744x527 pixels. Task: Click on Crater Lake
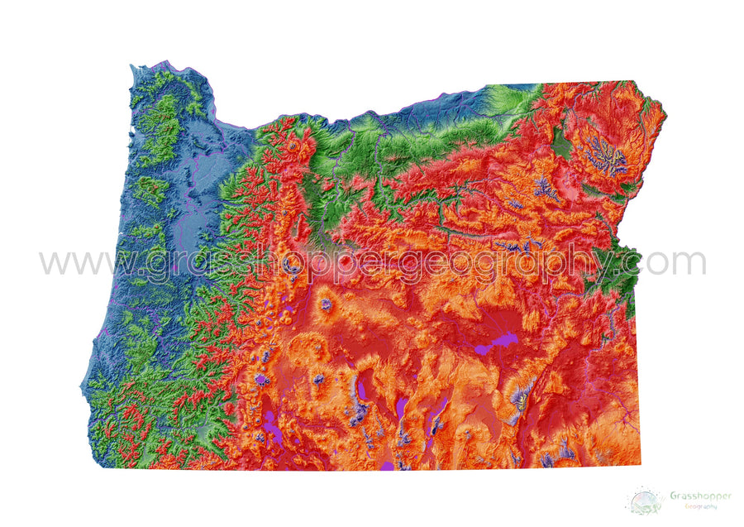262,380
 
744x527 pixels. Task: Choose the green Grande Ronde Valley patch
561,146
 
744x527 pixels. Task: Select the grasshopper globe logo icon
645,501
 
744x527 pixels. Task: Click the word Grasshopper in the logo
699,496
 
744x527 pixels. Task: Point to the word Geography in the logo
699,505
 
